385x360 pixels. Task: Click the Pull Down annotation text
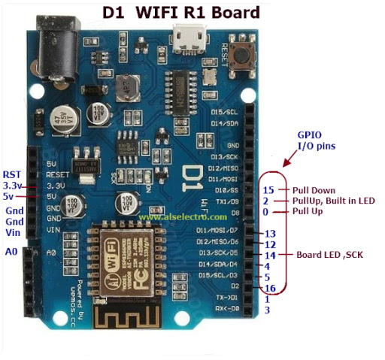tap(314, 190)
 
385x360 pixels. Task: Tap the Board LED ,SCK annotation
tap(329, 255)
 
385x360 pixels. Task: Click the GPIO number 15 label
tap(269, 190)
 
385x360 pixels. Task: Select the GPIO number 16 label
tap(271, 289)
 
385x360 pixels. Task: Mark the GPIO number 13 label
tap(271, 234)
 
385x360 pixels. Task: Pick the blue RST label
tap(12, 174)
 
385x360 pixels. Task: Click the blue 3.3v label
tap(13, 185)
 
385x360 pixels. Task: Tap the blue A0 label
tap(11, 252)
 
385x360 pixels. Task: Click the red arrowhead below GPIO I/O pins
tap(286, 163)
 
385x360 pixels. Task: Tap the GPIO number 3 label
tap(267, 310)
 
